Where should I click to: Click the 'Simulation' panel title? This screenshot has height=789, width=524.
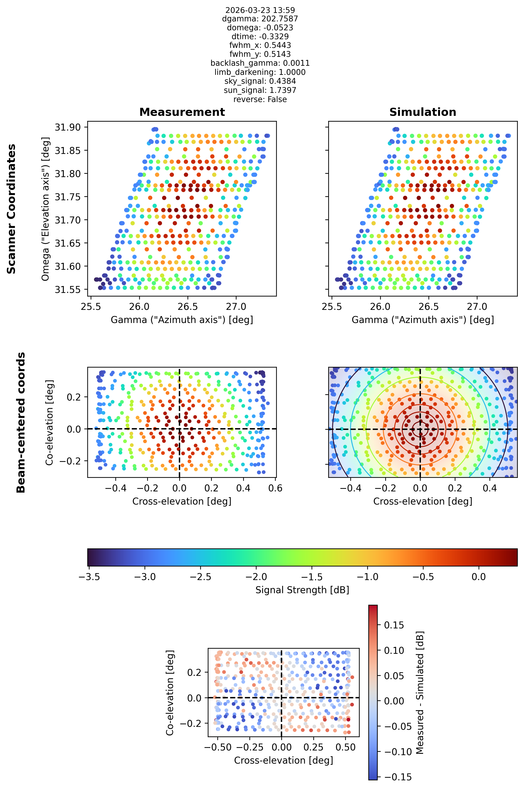coord(423,112)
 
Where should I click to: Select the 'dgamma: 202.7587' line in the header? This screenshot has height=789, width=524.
coord(260,19)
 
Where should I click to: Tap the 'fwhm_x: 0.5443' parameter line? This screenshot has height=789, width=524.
coord(260,45)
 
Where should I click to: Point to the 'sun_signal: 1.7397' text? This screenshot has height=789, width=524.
coord(260,90)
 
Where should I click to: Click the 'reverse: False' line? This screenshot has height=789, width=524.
coord(260,99)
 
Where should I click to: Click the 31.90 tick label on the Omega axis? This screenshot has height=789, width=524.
coord(68,127)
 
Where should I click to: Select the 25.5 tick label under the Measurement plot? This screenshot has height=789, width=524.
coord(91,307)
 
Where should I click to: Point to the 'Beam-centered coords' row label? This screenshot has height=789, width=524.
coord(21,422)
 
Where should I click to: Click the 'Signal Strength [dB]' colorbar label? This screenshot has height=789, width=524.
coord(302,590)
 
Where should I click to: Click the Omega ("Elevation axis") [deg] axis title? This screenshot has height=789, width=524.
coord(45,209)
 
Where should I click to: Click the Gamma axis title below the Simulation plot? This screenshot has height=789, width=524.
coord(423,320)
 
